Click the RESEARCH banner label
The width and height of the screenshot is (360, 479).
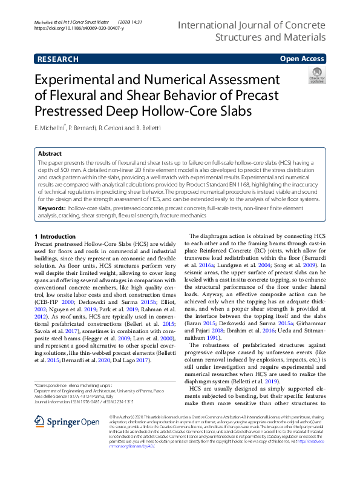point(57,59)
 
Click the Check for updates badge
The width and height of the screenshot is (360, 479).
point(316,76)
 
